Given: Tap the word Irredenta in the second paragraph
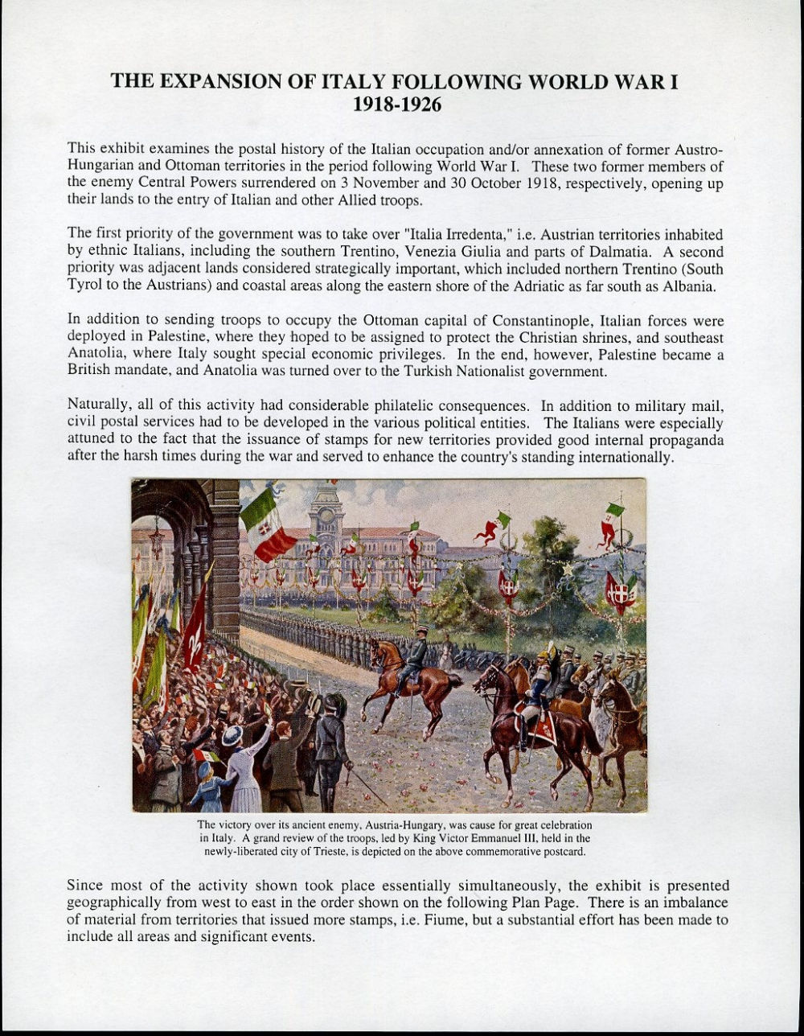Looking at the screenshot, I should [475, 234].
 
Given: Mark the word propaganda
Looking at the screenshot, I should [686, 442].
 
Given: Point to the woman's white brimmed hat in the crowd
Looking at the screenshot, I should [232, 735].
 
